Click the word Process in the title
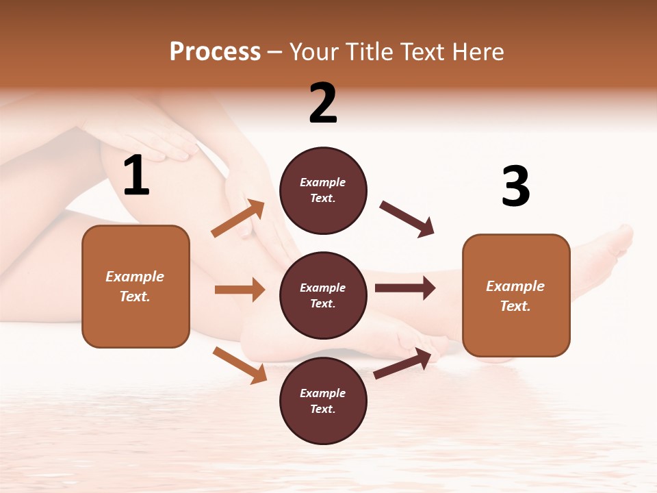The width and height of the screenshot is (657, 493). pos(215,52)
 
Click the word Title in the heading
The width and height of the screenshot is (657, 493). pos(370,52)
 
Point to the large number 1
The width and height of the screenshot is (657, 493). pos(136,176)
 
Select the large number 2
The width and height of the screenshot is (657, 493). pos(323,104)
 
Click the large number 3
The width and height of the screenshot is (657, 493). pos(515,187)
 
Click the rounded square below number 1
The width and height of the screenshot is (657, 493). pos(136,286)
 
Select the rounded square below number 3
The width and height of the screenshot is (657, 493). pos(516,295)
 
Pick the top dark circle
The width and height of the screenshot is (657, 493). pos(323,190)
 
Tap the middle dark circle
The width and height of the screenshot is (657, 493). pos(323,295)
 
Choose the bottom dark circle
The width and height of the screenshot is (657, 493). pos(323,401)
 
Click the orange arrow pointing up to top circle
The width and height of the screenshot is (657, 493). pos(238,219)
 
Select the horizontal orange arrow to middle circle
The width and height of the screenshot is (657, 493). pos(240,290)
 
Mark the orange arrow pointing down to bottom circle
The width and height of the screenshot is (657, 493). pos(240,364)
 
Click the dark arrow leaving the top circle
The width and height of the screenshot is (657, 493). pos(407,218)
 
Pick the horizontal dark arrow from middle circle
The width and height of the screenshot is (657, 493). pos(405,288)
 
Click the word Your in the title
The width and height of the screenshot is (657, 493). pos(314,52)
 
